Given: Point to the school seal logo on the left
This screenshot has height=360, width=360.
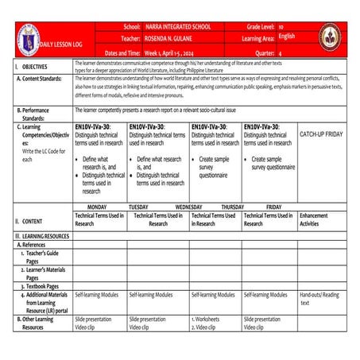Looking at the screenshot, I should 27,38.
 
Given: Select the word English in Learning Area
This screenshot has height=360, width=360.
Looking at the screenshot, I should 284,37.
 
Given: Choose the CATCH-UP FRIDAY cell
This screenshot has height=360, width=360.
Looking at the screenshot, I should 321,134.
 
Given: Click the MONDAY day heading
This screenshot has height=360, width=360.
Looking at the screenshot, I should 96,205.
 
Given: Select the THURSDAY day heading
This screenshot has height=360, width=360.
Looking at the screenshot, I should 232,205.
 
